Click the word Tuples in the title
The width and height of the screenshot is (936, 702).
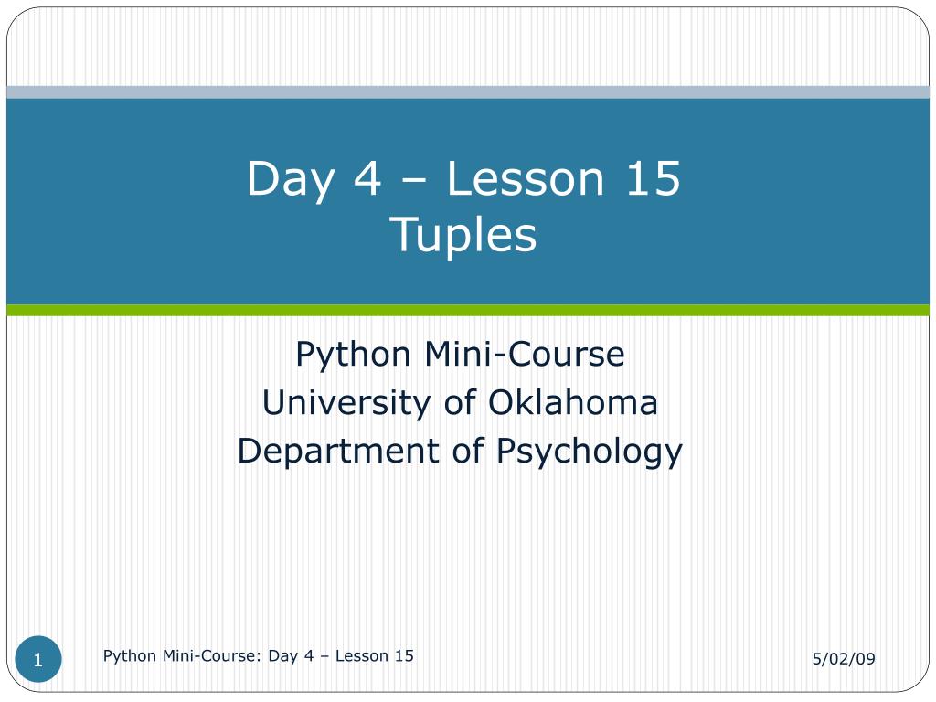click(x=463, y=235)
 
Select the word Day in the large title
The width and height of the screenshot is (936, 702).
click(x=290, y=179)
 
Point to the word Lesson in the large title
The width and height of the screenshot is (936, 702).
click(x=526, y=178)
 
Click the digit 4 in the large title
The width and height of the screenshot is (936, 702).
click(x=367, y=178)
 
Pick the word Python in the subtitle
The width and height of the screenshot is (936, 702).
click(x=353, y=356)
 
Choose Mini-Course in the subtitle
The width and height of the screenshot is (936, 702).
click(x=525, y=354)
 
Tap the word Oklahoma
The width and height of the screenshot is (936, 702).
click(x=573, y=402)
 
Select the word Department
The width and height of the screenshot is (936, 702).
click(x=338, y=452)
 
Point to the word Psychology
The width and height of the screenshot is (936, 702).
click(x=590, y=452)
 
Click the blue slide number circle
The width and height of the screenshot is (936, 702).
click(x=38, y=659)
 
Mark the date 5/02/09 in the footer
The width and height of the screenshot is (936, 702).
click(x=844, y=658)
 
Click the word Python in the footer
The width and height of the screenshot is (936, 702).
click(x=130, y=656)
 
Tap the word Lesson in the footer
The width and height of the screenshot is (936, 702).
click(x=362, y=655)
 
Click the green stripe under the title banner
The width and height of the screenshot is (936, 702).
click(x=468, y=310)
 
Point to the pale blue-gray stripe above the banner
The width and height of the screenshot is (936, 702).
click(x=468, y=92)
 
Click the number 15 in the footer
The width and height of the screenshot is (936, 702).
click(x=404, y=655)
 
